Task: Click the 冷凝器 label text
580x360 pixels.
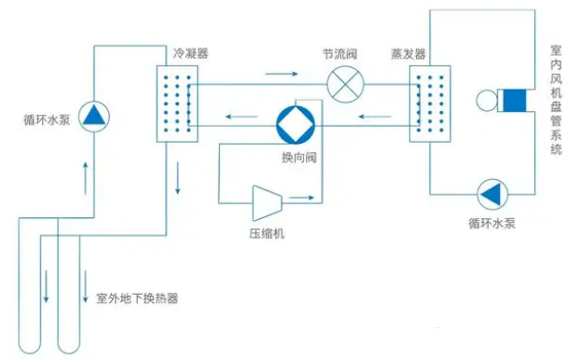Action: [190, 54]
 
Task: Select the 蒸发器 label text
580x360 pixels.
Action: [408, 54]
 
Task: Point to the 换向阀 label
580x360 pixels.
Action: [300, 157]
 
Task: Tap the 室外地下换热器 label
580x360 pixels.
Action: [137, 299]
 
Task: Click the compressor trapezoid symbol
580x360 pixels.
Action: [269, 199]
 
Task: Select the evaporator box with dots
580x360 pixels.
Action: [429, 103]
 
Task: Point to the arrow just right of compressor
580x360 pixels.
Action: [300, 198]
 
